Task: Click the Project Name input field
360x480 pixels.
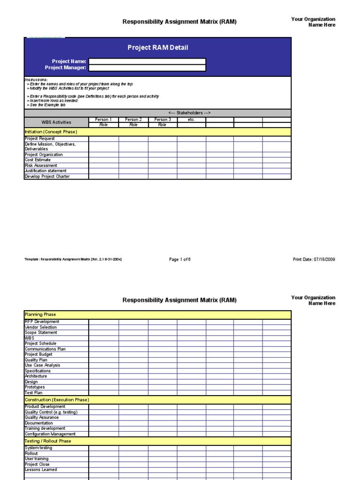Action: pyautogui.click(x=147, y=61)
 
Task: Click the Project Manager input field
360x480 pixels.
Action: pyautogui.click(x=147, y=68)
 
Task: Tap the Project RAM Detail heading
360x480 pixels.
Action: pyautogui.click(x=158, y=48)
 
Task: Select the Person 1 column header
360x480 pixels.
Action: pyautogui.click(x=104, y=120)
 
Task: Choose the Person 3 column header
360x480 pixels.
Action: pyautogui.click(x=163, y=120)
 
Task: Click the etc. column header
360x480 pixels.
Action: pyautogui.click(x=191, y=120)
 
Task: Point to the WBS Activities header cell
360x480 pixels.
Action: pyautogui.click(x=56, y=122)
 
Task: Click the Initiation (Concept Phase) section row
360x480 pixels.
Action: pyautogui.click(x=51, y=132)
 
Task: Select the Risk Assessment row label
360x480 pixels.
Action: pyautogui.click(x=41, y=165)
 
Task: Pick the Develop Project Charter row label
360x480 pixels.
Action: pyautogui.click(x=47, y=177)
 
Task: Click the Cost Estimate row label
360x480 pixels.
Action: pyautogui.click(x=38, y=160)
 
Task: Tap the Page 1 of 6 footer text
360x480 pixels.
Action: pyautogui.click(x=180, y=259)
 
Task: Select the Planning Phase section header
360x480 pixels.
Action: pyautogui.click(x=40, y=315)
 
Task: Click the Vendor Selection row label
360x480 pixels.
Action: pyautogui.click(x=41, y=327)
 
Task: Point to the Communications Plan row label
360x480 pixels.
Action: pyautogui.click(x=45, y=349)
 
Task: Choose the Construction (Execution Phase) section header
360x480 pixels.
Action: pyautogui.click(x=57, y=400)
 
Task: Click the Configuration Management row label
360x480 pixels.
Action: pyautogui.click(x=50, y=434)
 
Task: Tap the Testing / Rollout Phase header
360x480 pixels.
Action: pyautogui.click(x=48, y=441)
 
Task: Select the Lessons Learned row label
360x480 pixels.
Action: pyautogui.click(x=41, y=470)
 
